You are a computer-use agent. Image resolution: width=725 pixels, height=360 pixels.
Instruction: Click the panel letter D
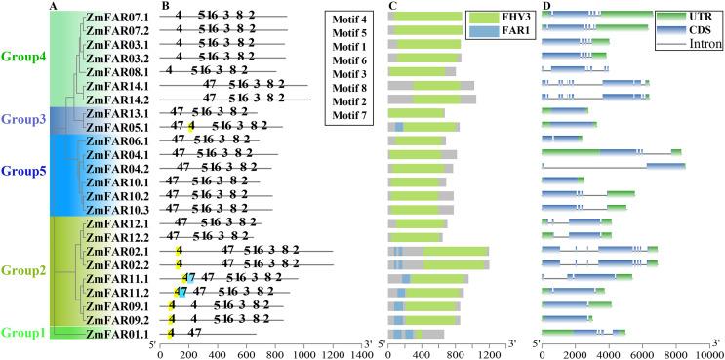tap(546, 6)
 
